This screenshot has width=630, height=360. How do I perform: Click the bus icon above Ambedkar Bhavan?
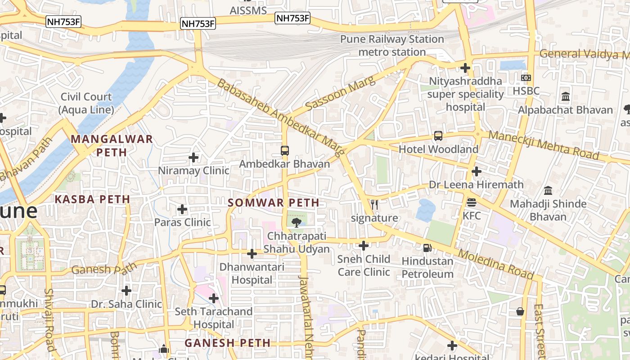point(285,151)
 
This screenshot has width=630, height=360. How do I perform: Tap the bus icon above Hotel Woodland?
point(438,136)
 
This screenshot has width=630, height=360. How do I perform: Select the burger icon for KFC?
point(472,202)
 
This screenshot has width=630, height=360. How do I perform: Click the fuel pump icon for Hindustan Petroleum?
point(427,247)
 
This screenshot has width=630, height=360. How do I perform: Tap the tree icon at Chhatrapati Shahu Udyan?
point(297,222)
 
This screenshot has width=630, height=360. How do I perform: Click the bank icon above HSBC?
point(526,78)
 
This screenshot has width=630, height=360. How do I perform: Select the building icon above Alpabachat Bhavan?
point(566,97)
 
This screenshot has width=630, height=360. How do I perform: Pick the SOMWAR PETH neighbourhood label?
point(274,203)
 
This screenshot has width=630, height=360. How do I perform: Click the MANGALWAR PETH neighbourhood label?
point(112,145)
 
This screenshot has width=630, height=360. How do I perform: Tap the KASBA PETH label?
point(92,199)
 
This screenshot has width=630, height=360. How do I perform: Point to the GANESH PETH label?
point(228,343)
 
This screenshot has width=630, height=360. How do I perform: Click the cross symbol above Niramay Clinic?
point(193,157)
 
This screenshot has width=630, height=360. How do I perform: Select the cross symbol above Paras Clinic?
point(182,209)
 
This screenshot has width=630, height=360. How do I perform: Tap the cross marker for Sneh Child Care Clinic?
point(364,246)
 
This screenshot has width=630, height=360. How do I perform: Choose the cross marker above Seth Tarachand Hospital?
point(214,298)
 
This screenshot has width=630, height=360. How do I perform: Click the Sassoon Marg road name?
point(340,94)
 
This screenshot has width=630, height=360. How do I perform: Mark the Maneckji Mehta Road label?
point(544,145)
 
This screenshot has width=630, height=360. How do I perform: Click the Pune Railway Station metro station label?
point(392,45)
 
